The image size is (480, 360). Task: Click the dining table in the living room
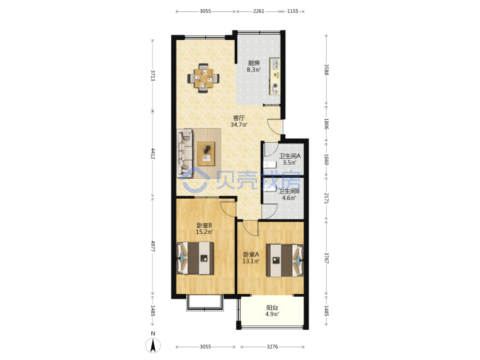pos(203,78)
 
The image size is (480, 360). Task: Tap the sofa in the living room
pos(185,153)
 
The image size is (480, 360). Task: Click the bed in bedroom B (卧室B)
pos(195,258)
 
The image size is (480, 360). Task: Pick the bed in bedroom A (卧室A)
pos(285,260)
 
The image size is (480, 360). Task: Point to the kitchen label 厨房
pos(254,63)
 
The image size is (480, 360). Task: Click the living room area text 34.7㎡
pos(239,125)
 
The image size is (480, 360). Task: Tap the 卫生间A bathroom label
pos(289,156)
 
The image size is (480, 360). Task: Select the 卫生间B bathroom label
pos(289,191)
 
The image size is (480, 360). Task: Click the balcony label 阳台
pos(272,307)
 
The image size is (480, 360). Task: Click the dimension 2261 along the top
pos(259,11)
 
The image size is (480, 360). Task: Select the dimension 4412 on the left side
pos(153,153)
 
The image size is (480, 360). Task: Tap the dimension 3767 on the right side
pos(326,258)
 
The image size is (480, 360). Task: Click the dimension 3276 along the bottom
pos(272,347)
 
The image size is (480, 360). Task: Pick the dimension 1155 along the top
pos(293,11)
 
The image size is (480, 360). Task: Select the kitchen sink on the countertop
pos(276,65)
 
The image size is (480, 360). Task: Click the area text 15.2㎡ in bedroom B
pos(204,232)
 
